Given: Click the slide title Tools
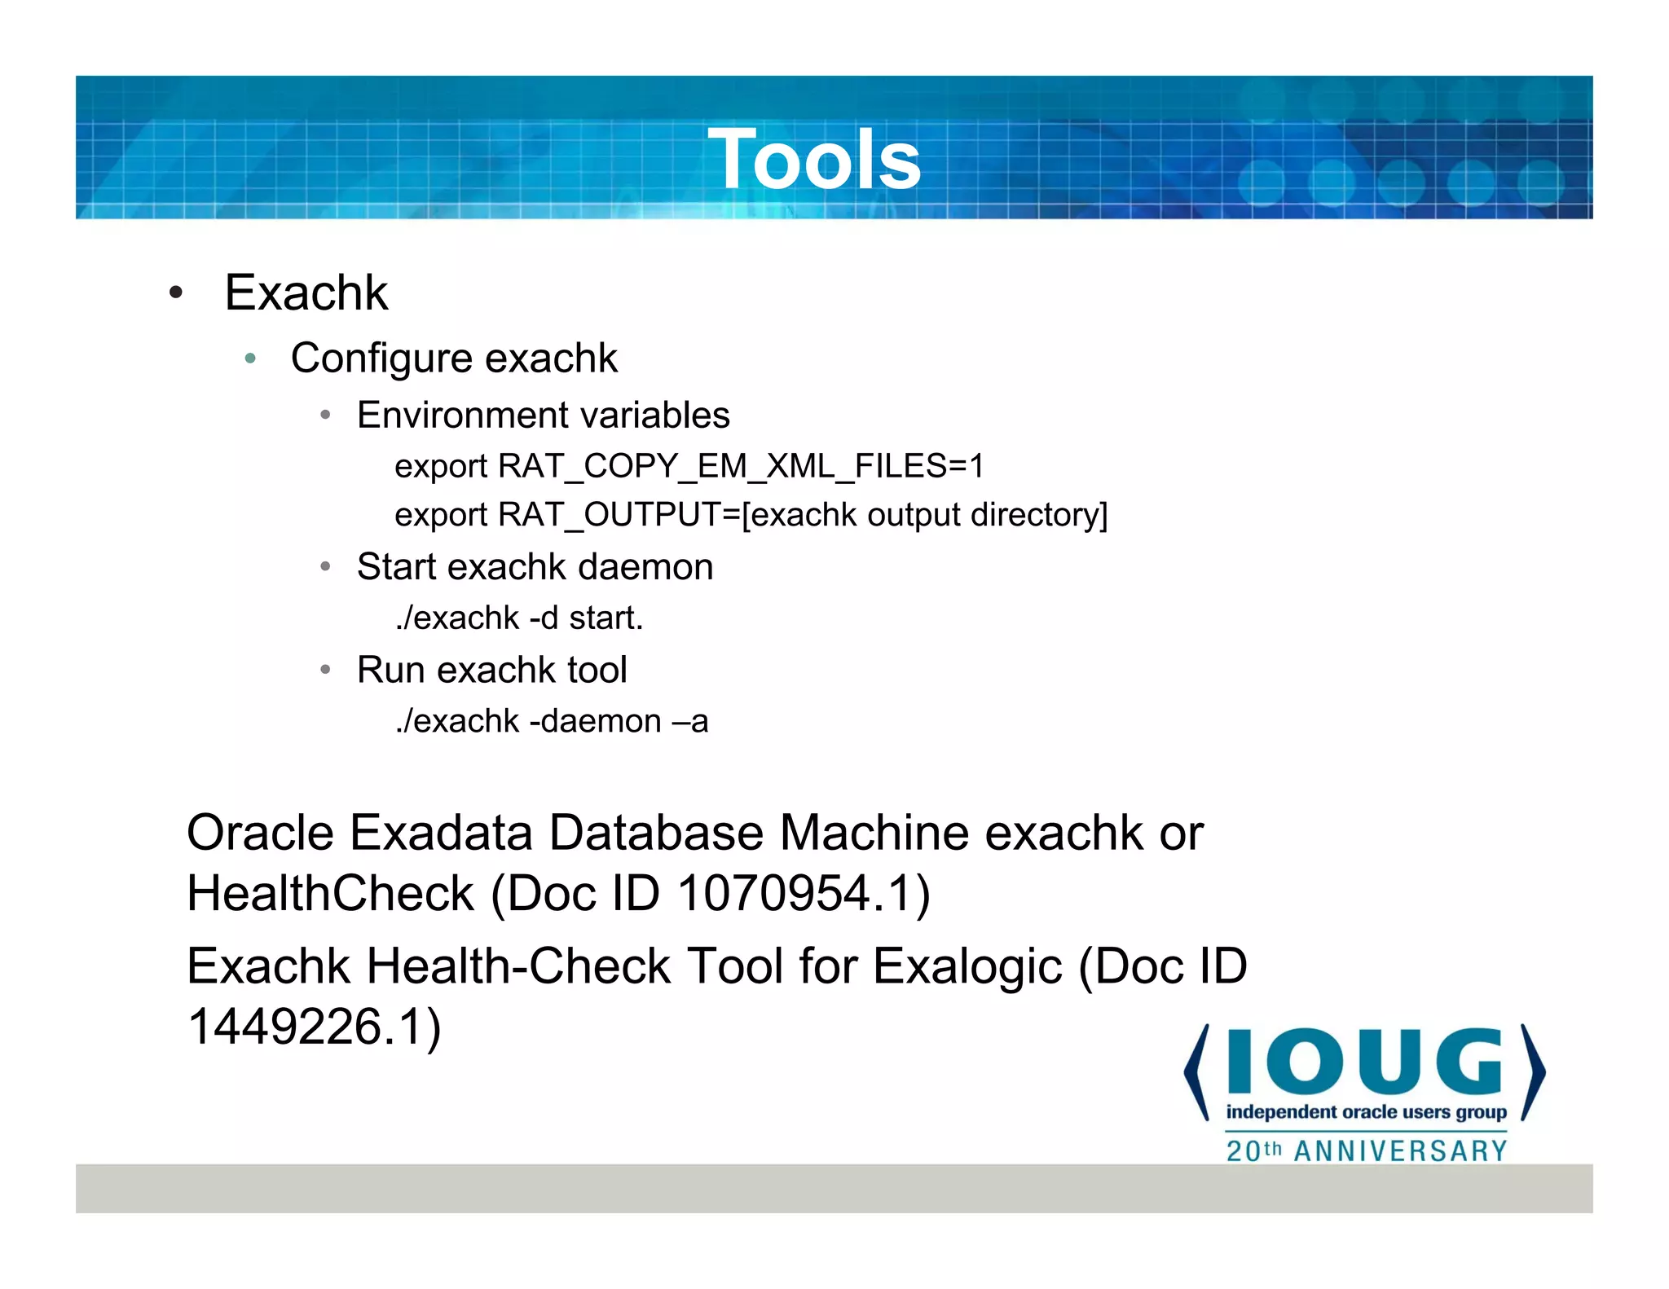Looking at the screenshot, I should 814,160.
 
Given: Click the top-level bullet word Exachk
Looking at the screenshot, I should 306,293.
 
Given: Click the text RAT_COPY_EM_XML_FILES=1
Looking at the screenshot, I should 741,466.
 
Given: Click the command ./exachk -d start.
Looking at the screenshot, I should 519,618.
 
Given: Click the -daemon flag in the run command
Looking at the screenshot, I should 595,721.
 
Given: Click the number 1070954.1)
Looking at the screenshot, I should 804,893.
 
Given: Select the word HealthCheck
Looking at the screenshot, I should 330,893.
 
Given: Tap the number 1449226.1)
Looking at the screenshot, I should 315,1026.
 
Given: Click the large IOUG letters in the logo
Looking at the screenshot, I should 1364,1062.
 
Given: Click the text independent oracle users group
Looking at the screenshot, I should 1366,1112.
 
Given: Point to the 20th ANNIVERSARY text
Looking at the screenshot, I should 1366,1150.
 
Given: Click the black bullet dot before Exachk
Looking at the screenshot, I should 175,293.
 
